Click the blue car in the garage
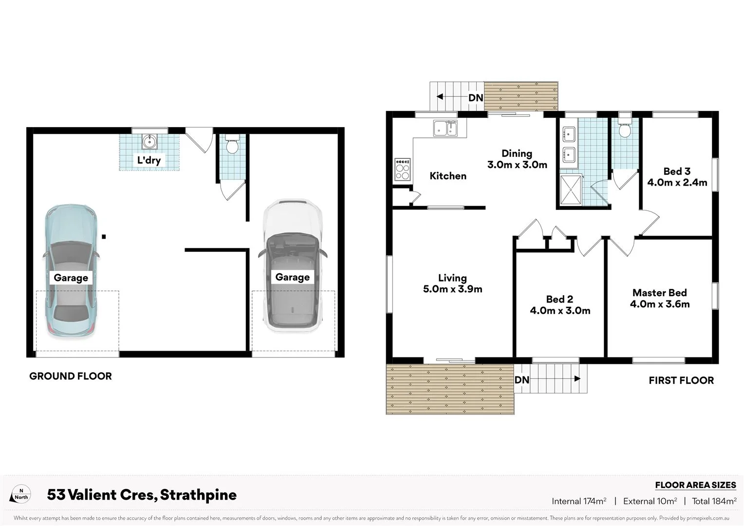tap(71, 244)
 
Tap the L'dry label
tap(149, 160)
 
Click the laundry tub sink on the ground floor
tap(149, 142)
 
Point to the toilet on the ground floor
tap(232, 145)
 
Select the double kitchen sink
tap(445, 129)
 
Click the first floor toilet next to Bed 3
tap(624, 129)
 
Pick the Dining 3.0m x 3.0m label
tap(517, 159)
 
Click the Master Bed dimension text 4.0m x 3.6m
tap(660, 304)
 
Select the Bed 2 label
tap(559, 299)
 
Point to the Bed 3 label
tap(677, 171)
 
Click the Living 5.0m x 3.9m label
tap(452, 283)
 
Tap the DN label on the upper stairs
tap(476, 97)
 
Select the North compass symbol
tap(21, 494)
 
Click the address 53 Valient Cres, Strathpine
tap(142, 495)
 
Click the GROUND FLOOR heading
tap(71, 376)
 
